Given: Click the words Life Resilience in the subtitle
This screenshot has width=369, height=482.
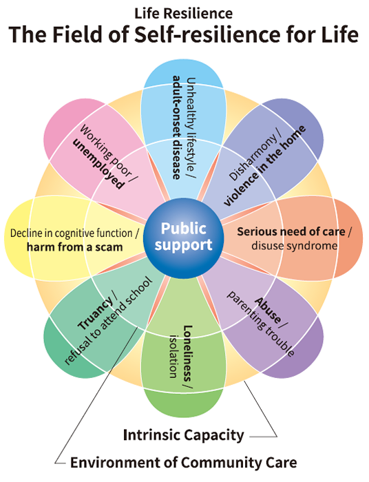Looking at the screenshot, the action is [x=184, y=14].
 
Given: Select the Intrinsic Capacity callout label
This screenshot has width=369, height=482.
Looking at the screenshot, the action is [x=183, y=435].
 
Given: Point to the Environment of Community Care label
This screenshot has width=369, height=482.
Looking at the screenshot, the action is [x=183, y=462].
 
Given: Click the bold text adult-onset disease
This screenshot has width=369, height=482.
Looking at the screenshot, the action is [x=176, y=127].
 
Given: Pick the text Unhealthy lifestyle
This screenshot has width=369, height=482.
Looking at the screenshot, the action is [x=191, y=124].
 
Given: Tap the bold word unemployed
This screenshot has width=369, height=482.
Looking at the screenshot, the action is [x=98, y=164].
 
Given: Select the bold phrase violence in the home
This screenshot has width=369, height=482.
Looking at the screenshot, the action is [x=264, y=166].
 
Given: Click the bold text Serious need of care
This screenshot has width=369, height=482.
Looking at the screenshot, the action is [x=291, y=231].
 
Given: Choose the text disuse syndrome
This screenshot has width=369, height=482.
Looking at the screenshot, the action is [x=294, y=246].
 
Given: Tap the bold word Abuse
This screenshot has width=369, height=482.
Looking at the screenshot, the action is [x=268, y=310].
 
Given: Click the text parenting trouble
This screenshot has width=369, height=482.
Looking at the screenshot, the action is [x=260, y=324].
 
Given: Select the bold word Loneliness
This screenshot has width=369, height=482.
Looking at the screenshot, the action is [x=187, y=353].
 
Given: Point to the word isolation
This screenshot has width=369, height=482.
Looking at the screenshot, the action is [x=173, y=356].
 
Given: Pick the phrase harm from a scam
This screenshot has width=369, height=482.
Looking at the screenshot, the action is [x=74, y=247].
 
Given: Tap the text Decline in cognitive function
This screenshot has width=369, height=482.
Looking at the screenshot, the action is [x=72, y=233].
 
